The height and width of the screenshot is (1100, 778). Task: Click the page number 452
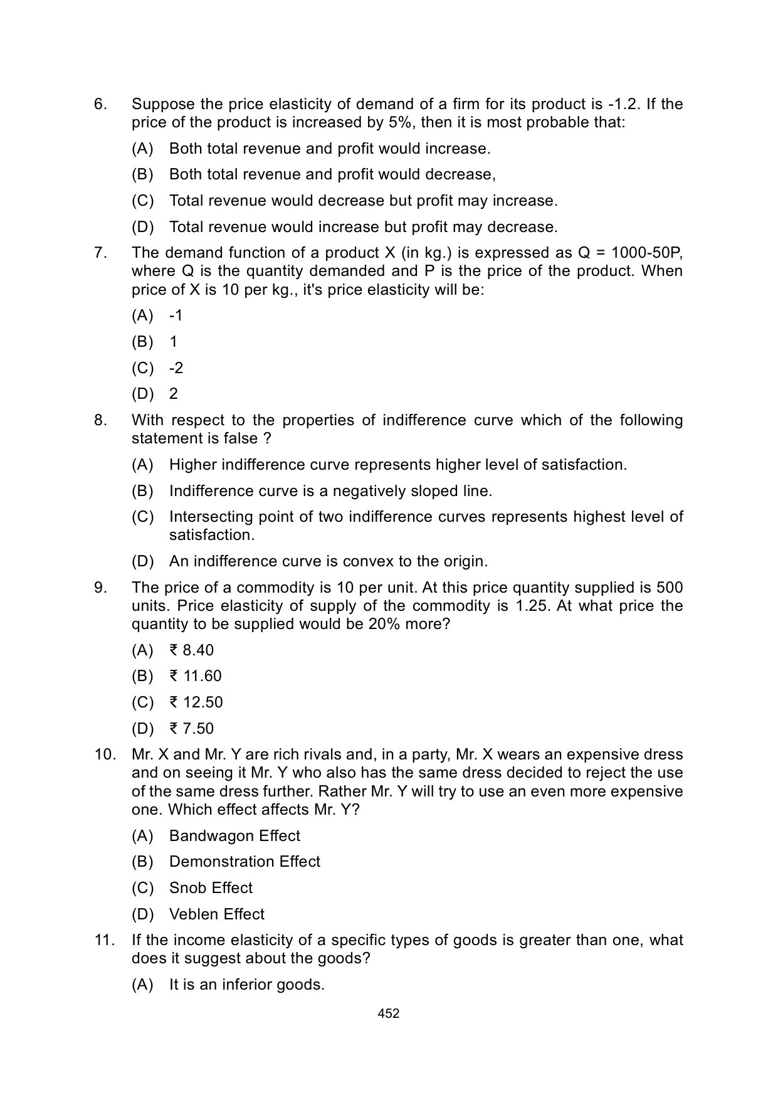(x=389, y=1013)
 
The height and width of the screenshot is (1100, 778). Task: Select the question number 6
(x=100, y=104)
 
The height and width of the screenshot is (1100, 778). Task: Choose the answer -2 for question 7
(x=176, y=368)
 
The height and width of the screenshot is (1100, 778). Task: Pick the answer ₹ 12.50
(x=196, y=702)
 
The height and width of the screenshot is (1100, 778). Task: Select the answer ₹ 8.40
(x=191, y=650)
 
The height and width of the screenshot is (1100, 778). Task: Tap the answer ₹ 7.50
(x=191, y=728)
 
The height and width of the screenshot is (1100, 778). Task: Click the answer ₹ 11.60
(x=195, y=675)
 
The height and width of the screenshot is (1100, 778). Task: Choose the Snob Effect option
(x=211, y=887)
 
